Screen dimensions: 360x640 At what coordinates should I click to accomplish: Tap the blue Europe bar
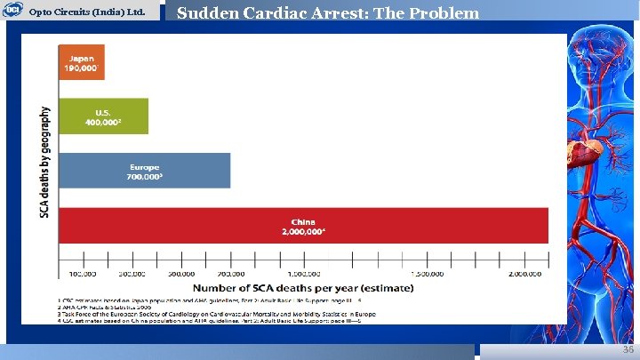(144, 171)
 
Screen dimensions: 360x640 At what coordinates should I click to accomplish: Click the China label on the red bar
(303, 226)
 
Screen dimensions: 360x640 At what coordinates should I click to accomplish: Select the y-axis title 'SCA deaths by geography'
(44, 165)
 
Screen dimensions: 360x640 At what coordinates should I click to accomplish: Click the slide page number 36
(628, 351)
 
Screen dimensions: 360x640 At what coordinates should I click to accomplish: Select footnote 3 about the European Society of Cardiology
(213, 315)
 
